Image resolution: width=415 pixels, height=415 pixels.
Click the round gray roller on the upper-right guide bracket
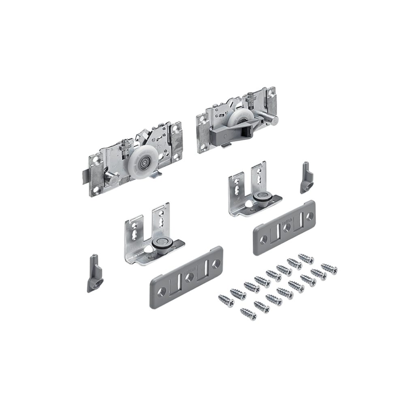tap(259, 197)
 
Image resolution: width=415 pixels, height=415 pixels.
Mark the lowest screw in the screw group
tap(248, 314)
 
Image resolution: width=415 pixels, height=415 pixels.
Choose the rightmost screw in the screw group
tap(329, 268)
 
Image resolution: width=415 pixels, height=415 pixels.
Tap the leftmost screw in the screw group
tap(225, 301)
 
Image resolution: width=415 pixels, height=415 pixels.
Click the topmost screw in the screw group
tap(306, 258)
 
